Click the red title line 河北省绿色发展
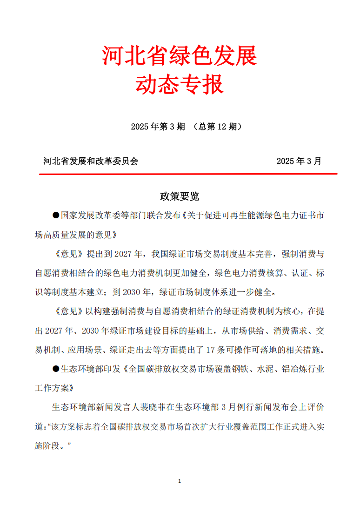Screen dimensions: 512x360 [x=180, y=57]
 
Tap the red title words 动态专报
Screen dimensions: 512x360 [x=180, y=84]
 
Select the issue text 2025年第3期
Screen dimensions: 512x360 [x=158, y=127]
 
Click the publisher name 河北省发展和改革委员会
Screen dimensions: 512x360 [x=91, y=162]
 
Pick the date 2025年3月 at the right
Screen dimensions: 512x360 [x=299, y=162]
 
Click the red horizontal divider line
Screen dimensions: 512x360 [x=188, y=174]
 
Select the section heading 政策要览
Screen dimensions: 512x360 [x=180, y=196]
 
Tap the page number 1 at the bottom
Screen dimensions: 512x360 [x=180, y=480]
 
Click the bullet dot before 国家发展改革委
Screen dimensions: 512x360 [x=55, y=215]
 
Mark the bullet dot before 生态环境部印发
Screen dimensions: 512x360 [x=55, y=369]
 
